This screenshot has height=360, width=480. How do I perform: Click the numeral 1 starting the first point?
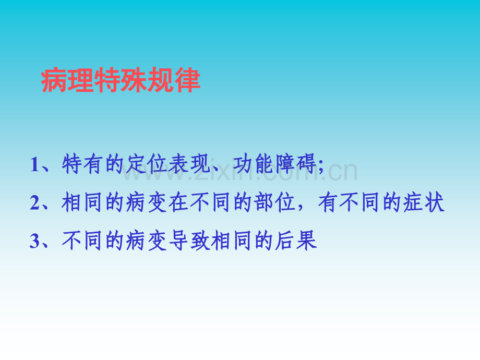point(34,165)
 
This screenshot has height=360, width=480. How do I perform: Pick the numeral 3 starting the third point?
point(34,242)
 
